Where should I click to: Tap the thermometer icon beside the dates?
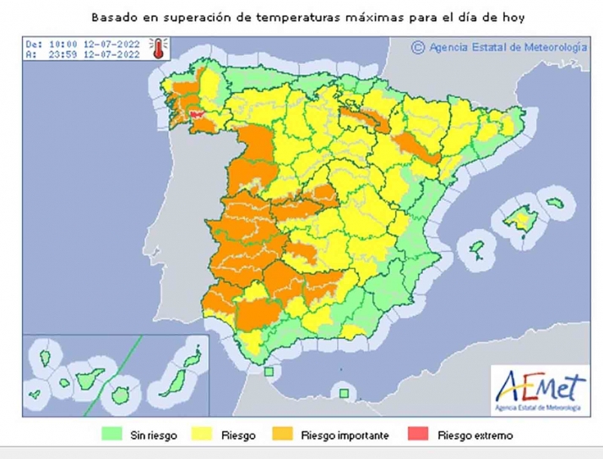pyautogui.click(x=156, y=49)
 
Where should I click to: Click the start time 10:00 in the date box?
pyautogui.click(x=57, y=42)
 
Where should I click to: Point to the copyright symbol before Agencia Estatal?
pyautogui.click(x=416, y=48)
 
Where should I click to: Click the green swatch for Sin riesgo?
pyautogui.click(x=114, y=435)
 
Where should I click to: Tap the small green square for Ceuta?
pyautogui.click(x=269, y=371)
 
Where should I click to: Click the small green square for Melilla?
pyautogui.click(x=343, y=391)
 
